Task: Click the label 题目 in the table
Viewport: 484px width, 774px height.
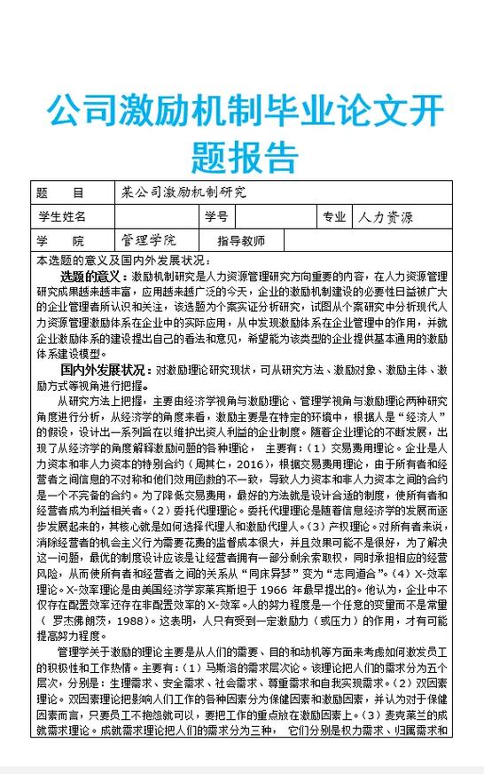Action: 60,192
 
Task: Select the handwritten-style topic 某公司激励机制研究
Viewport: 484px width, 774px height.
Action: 183,192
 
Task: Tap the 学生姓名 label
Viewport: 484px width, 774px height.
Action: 62,216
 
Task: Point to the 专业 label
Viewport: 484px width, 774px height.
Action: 334,216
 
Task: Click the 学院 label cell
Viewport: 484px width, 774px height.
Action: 60,241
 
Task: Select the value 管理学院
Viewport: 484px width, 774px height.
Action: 148,240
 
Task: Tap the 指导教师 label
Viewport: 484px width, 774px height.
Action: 241,241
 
